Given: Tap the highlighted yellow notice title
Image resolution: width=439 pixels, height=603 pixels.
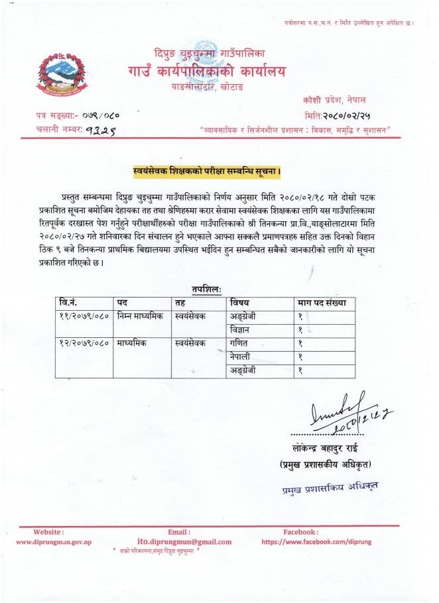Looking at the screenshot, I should point(207,174).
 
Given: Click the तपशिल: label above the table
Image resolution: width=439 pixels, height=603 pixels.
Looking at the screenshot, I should point(206,290).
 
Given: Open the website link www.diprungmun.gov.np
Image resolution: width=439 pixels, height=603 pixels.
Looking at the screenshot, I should point(53,541).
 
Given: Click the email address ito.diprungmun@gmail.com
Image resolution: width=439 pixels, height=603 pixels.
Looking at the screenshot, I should point(184,541).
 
